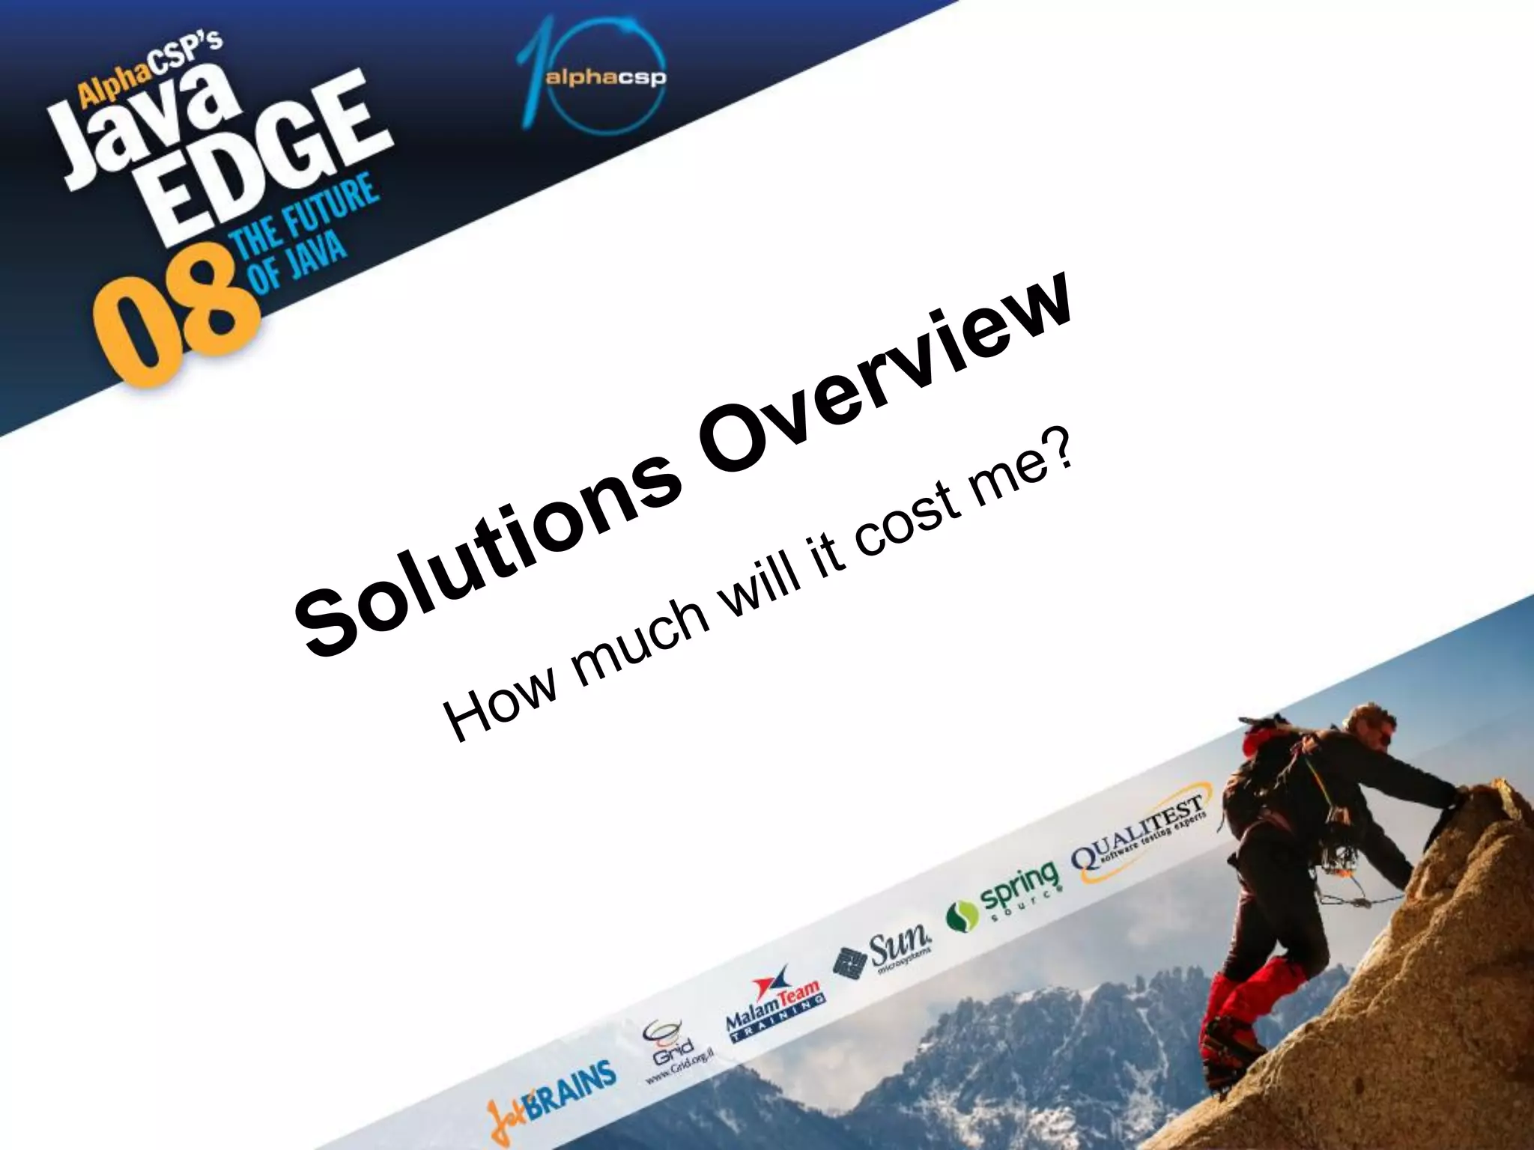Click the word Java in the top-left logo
point(142,127)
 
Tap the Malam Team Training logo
point(775,1003)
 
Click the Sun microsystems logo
point(884,955)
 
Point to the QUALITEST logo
point(1139,839)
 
